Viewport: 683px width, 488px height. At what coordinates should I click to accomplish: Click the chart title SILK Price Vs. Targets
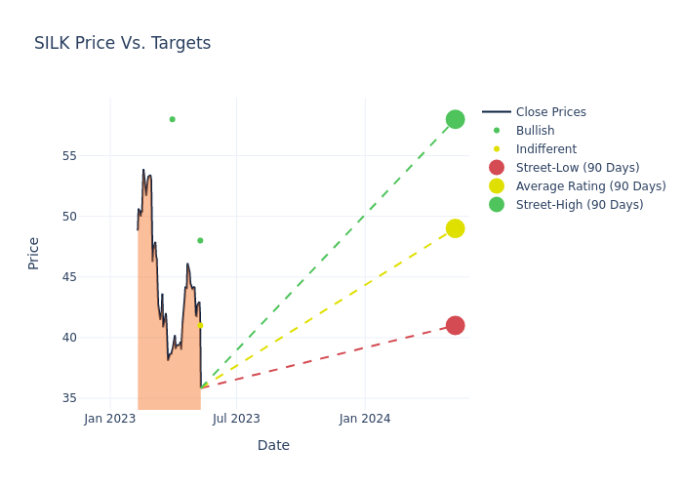point(122,43)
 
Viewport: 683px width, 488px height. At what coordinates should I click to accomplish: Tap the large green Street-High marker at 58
point(455,119)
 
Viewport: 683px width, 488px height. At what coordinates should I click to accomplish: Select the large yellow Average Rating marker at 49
point(455,228)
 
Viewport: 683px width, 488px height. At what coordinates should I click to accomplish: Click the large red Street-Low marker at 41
point(455,325)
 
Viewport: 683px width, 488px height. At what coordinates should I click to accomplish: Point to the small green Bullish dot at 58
point(172,119)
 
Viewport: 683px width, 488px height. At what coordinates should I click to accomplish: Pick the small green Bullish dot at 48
point(200,240)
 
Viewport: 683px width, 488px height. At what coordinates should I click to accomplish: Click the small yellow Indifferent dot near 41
point(200,325)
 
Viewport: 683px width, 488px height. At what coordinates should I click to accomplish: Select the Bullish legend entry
point(535,131)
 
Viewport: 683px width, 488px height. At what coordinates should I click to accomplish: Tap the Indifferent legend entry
point(545,149)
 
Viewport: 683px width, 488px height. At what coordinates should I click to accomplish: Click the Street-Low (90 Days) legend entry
point(578,168)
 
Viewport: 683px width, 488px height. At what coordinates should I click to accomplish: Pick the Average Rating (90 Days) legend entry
point(590,186)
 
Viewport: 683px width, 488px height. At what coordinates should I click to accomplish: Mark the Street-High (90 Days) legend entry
point(580,205)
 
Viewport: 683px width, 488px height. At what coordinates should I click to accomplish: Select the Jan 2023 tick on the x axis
point(110,420)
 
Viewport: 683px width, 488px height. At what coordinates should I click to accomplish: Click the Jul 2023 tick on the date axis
point(236,420)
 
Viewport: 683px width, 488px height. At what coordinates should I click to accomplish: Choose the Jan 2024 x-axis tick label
point(365,420)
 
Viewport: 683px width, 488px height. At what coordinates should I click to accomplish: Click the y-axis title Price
point(34,253)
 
